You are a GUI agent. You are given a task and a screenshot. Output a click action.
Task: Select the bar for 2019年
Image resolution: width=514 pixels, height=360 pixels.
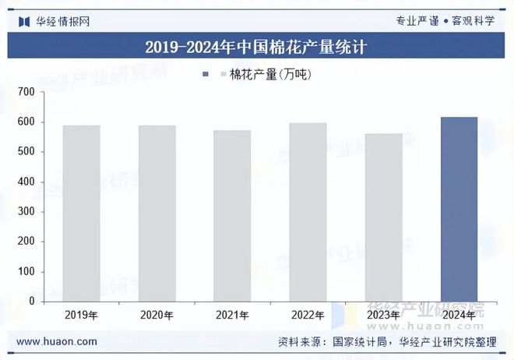(81, 213)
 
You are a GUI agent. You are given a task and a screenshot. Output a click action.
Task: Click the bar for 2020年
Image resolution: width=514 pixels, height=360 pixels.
(157, 213)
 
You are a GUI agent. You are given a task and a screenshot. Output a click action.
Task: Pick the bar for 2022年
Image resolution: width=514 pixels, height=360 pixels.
(308, 211)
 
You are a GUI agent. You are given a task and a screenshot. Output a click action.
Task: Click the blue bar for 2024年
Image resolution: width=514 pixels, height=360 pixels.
(459, 209)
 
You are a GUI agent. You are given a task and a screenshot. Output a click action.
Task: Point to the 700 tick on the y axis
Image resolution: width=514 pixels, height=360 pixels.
(26, 92)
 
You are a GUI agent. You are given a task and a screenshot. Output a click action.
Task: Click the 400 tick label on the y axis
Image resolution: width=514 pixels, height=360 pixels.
(26, 182)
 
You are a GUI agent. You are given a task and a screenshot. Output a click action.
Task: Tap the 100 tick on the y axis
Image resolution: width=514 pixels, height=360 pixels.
(26, 271)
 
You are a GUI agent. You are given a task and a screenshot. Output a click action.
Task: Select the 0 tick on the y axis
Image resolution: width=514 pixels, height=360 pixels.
(32, 301)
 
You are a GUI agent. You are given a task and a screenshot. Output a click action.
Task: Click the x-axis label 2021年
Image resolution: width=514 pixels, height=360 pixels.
(232, 316)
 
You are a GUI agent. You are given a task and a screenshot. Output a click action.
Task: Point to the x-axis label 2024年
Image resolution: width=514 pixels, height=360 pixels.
(459, 316)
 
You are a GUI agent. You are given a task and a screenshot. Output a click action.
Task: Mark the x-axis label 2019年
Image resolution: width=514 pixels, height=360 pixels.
(81, 316)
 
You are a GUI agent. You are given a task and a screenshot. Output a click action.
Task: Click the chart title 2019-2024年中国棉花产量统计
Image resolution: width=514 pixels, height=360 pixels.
(256, 46)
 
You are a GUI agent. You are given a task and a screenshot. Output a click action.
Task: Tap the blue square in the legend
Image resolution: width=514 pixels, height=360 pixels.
(206, 74)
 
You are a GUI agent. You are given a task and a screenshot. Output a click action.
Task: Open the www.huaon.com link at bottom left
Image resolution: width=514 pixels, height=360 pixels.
(57, 341)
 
